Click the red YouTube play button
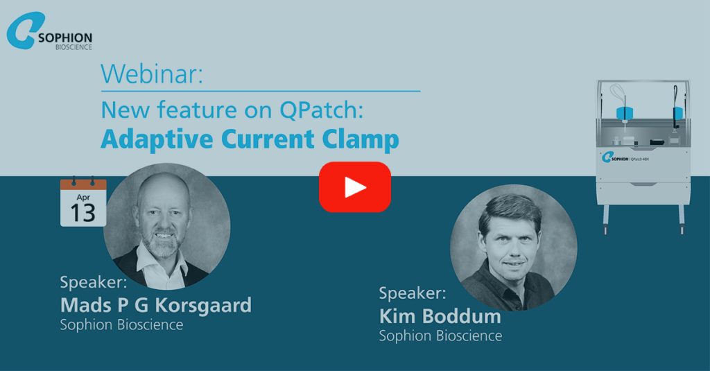(354, 187)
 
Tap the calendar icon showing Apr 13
(83, 202)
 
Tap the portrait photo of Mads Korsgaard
(166, 225)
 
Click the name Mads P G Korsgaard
(156, 304)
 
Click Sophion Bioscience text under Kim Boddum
(440, 336)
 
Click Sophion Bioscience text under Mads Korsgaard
(122, 325)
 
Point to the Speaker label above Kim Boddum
(413, 293)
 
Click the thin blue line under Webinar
(261, 91)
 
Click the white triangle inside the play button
(356, 187)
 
